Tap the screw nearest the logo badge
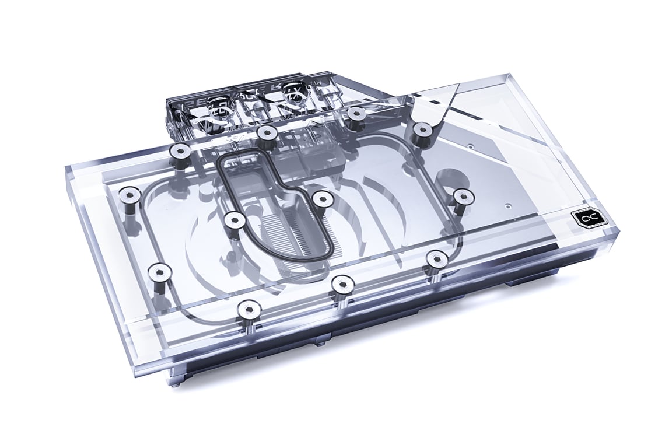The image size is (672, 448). pos(462,195)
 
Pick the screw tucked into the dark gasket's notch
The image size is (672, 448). pos(320,199)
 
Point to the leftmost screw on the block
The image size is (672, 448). pos(128,194)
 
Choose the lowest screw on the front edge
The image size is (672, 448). pos(249,309)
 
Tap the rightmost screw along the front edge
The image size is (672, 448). pos(435,257)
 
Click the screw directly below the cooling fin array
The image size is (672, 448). pos(340,283)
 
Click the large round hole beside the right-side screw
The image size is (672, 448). pos(450,176)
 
